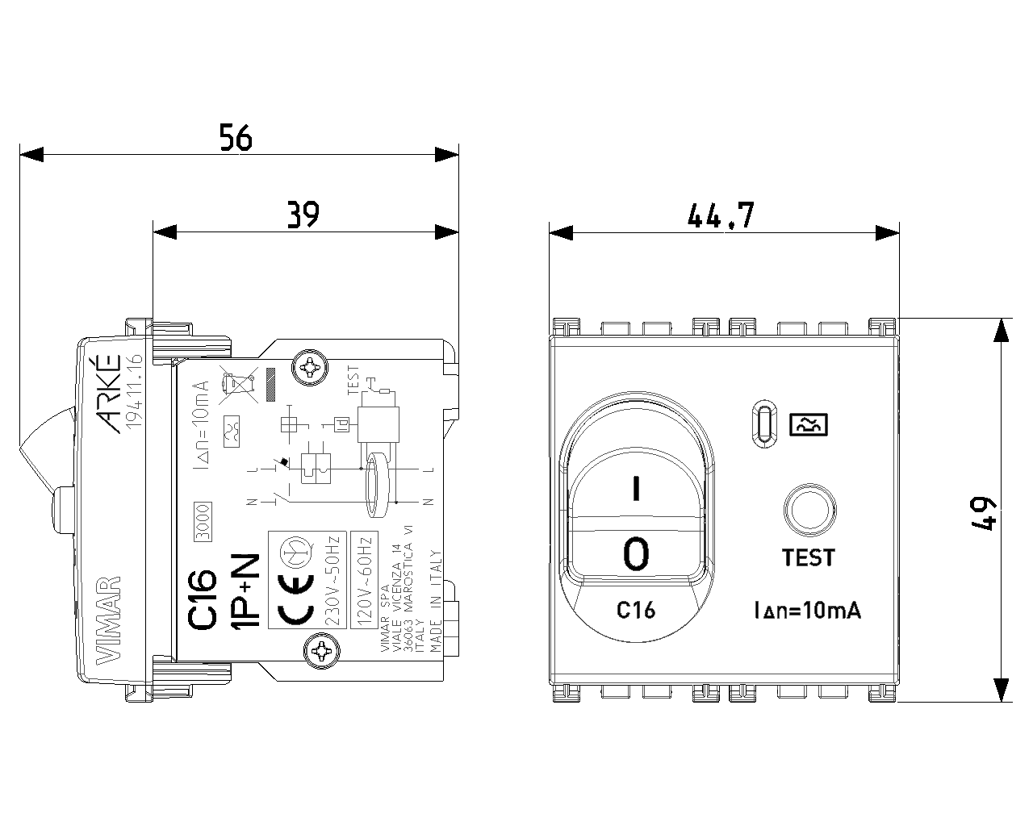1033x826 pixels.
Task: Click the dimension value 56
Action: click(x=236, y=138)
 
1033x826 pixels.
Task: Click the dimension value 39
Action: click(x=303, y=214)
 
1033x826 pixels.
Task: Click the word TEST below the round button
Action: click(x=808, y=557)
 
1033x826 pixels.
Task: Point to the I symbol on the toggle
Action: click(x=637, y=489)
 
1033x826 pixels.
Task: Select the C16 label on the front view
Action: click(x=636, y=610)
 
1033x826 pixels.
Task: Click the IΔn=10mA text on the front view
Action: click(x=807, y=611)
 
